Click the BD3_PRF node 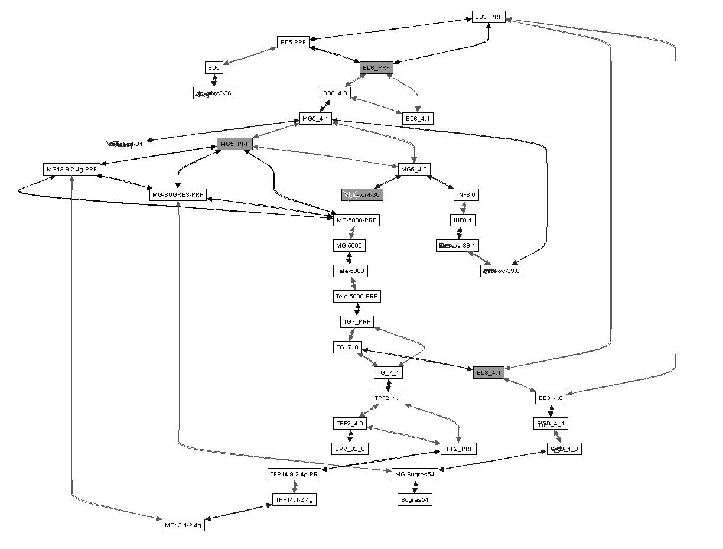(x=488, y=17)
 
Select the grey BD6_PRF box (x=376, y=68)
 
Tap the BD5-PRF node (x=293, y=42)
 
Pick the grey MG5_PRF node (x=235, y=144)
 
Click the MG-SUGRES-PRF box (x=178, y=194)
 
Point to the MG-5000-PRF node (x=356, y=220)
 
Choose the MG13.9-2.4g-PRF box (x=71, y=169)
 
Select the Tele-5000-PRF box (x=357, y=296)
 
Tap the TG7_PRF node (x=357, y=321)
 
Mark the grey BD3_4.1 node (x=488, y=372)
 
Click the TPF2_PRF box (x=458, y=449)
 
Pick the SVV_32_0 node (x=351, y=449)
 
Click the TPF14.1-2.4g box (x=295, y=499)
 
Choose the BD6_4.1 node (x=418, y=118)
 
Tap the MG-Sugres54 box (x=415, y=474)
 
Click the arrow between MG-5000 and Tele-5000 (x=349, y=258)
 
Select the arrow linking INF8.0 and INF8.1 (x=464, y=207)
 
